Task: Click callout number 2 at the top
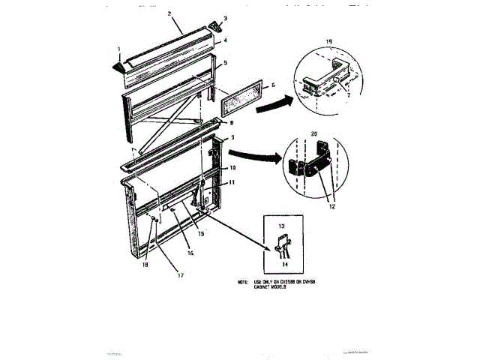point(170,13)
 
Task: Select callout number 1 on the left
point(118,50)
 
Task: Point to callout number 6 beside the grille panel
point(273,85)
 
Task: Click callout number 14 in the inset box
point(284,263)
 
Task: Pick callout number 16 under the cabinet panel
point(190,253)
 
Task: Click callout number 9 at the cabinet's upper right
point(232,138)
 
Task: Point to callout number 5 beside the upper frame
point(224,62)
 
